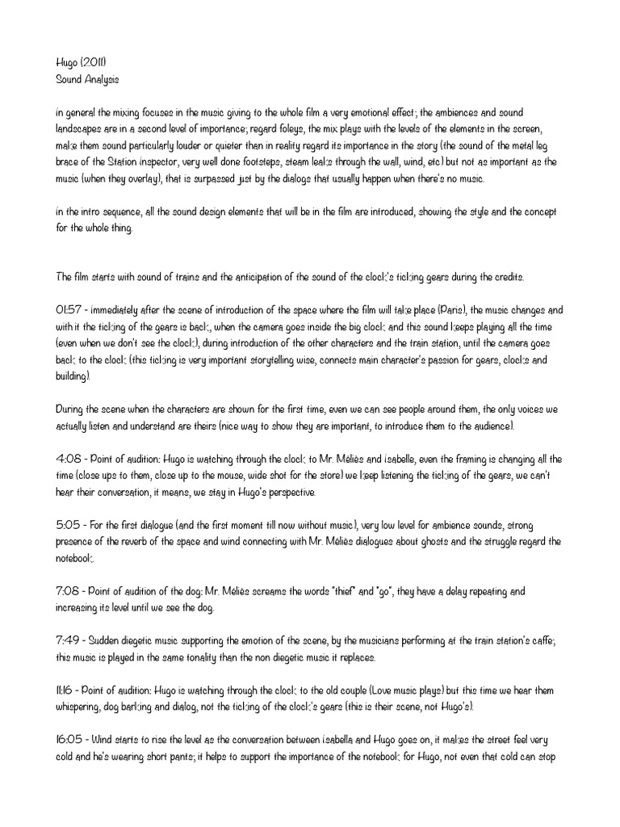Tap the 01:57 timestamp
coord(70,310)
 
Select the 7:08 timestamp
coord(69,591)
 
